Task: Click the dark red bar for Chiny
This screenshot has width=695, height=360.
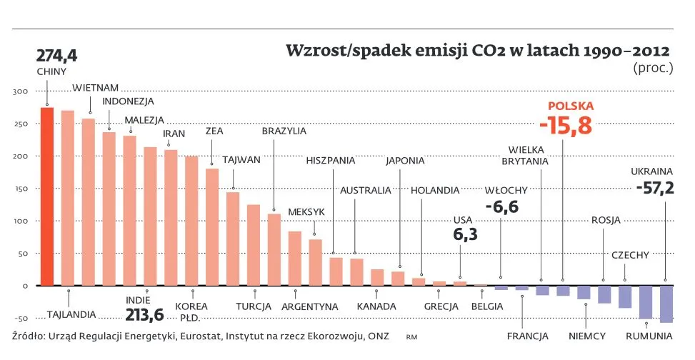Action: click(x=47, y=196)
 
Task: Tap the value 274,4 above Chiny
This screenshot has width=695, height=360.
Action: click(x=57, y=56)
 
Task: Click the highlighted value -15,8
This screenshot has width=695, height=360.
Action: click(x=566, y=126)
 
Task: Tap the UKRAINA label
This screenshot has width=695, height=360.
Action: click(x=651, y=171)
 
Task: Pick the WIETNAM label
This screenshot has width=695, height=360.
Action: click(x=95, y=87)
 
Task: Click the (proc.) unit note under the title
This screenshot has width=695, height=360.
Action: click(x=653, y=69)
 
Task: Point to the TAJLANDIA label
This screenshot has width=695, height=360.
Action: click(x=71, y=314)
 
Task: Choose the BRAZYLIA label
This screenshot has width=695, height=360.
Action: click(x=284, y=131)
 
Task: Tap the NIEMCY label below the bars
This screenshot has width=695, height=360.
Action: click(x=587, y=336)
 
